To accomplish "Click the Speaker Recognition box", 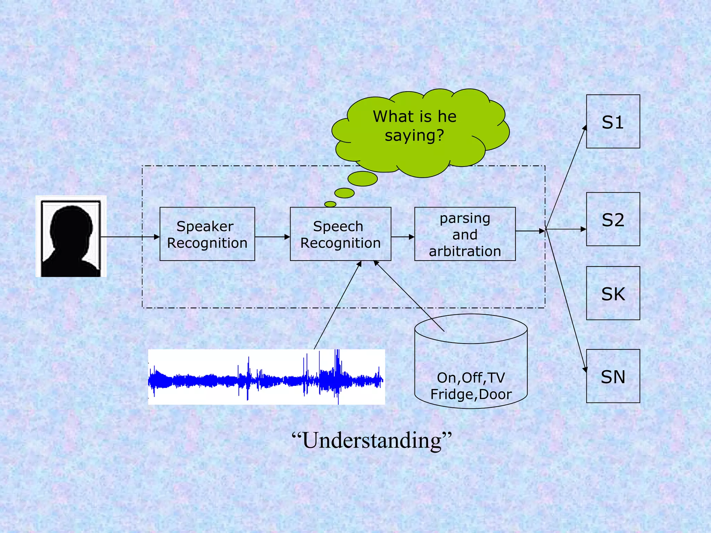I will tap(207, 234).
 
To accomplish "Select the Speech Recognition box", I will tap(340, 234).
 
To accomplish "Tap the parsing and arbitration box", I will tap(465, 234).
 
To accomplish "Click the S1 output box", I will tap(613, 121).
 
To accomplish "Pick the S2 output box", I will tap(613, 219).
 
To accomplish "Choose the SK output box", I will tap(613, 293).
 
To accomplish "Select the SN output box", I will tap(613, 376).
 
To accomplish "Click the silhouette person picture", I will tap(71, 237).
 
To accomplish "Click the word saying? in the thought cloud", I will tap(414, 136).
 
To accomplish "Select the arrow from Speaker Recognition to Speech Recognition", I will tap(273, 237).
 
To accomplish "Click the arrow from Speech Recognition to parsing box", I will tap(403, 237).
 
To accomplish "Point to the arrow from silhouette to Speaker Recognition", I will tap(130, 237).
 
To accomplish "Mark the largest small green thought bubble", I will tap(362, 179).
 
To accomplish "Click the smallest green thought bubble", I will tap(330, 204).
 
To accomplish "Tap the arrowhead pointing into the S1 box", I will tap(585, 128).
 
